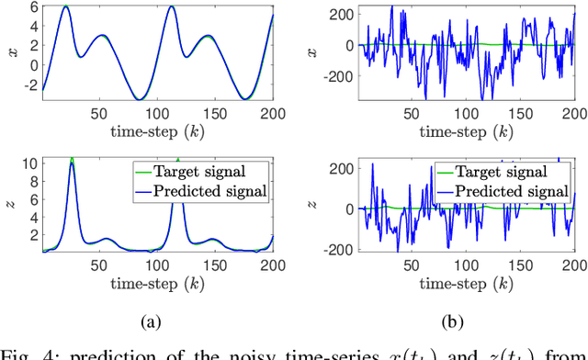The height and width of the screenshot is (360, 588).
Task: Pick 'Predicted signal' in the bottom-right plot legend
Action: (x=514, y=190)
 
